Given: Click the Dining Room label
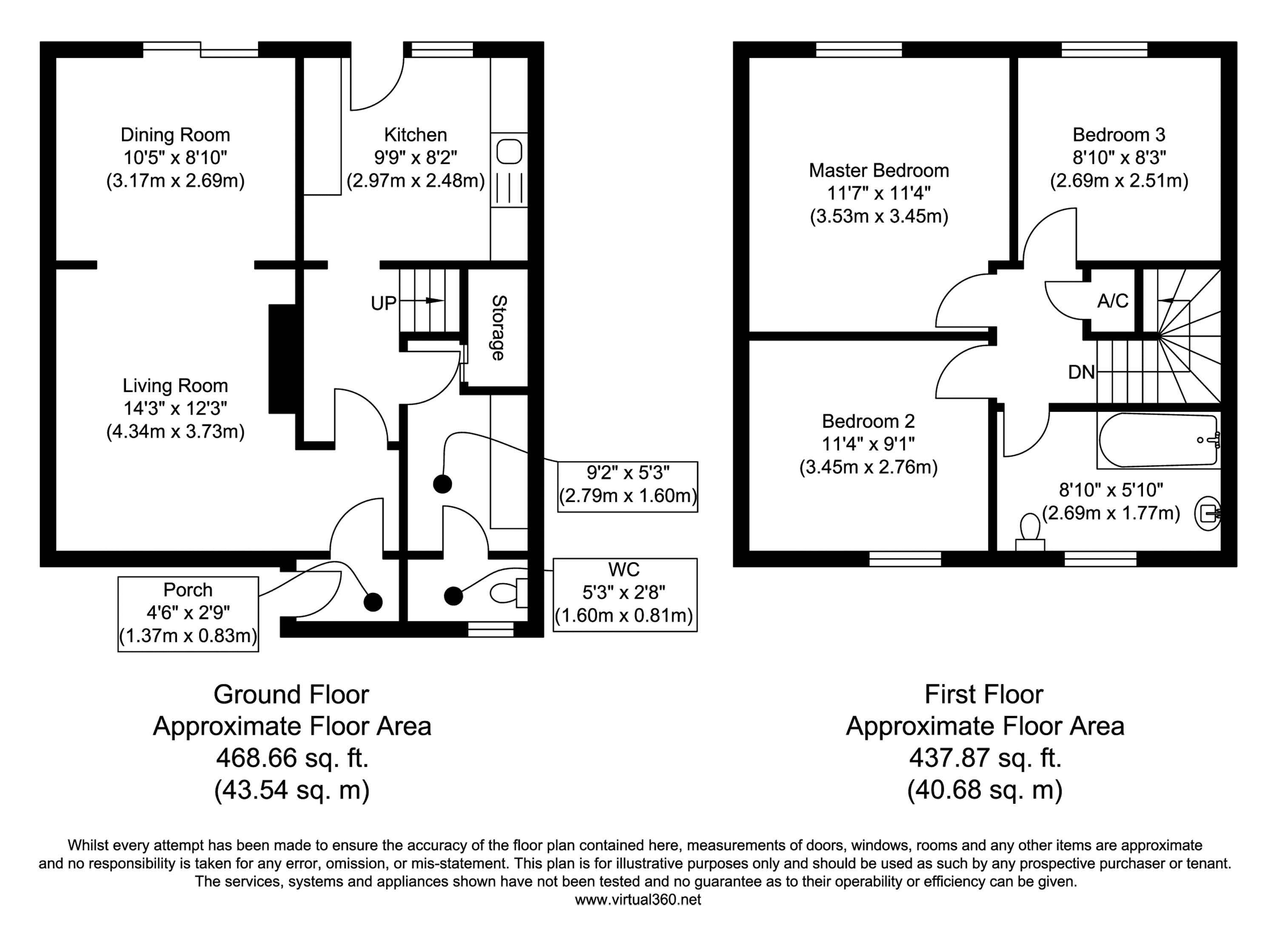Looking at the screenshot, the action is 175,135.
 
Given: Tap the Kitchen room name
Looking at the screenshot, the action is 416,135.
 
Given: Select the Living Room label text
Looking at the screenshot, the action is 175,386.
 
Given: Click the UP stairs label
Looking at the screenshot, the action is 383,303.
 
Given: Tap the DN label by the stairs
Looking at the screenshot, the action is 1081,373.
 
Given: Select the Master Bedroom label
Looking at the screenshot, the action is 879,171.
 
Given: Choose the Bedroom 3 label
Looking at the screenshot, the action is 1119,135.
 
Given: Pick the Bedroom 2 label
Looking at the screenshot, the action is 868,421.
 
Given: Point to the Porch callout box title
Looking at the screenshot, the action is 188,590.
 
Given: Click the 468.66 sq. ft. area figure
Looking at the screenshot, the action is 292,758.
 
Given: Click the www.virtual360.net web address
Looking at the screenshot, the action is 638,900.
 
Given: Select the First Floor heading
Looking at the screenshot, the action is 984,694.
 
